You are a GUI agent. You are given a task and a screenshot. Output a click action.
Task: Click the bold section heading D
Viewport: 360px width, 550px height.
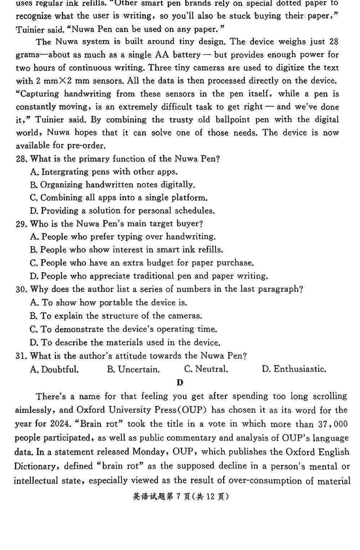[x=180, y=383]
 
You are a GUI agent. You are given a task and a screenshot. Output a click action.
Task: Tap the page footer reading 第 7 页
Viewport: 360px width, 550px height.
[x=180, y=497]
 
